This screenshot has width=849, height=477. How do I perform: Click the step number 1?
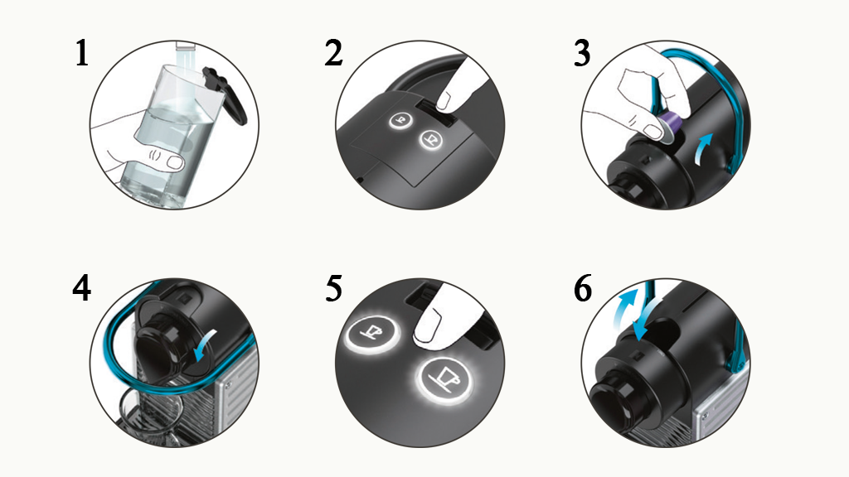82,54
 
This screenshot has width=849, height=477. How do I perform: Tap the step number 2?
333,54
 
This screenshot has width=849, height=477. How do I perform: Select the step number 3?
582,54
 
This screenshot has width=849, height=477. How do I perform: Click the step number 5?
333,288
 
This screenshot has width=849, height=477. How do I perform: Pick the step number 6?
583,288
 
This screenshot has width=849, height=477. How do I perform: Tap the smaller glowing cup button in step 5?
372,332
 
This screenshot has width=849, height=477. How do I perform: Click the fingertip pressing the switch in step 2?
447,100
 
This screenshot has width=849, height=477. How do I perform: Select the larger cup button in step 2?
431,139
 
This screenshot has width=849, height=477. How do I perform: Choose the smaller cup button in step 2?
400,121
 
